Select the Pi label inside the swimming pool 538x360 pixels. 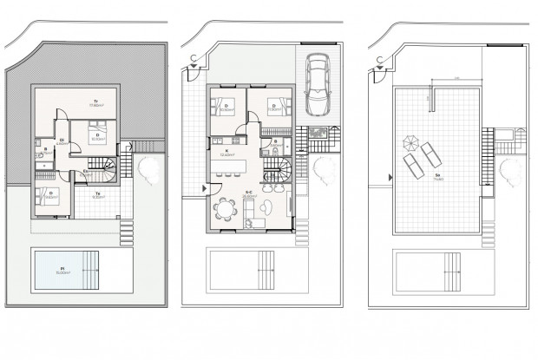[x=62, y=270]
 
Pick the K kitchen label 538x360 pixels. [x=226, y=150]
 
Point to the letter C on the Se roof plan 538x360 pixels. [x=379, y=59]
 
